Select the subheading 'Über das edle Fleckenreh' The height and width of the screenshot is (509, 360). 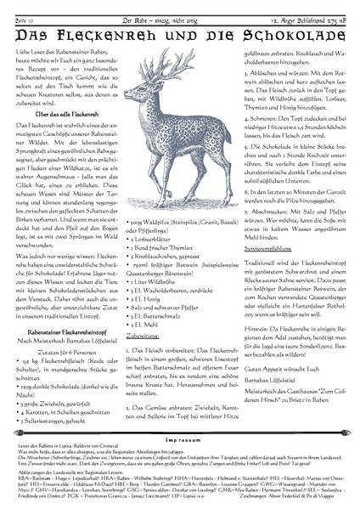pyautogui.click(x=59, y=138)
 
